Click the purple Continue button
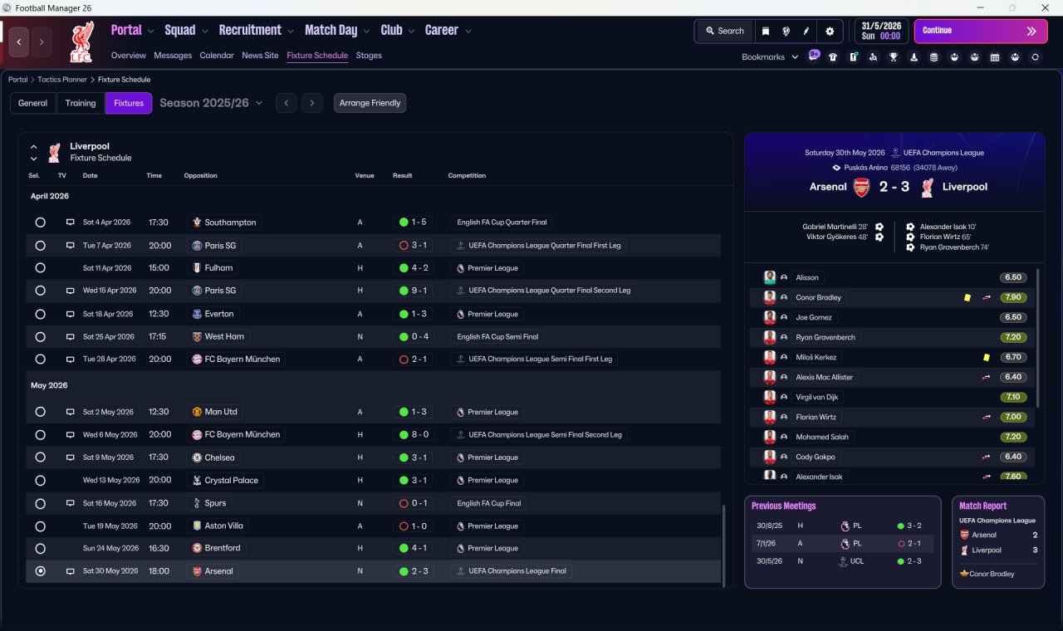pos(981,31)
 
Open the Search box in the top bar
pos(725,31)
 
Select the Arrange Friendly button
pos(370,103)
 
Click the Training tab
pos(81,103)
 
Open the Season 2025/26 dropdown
pos(211,103)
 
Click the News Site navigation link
pos(260,56)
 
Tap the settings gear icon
pos(830,32)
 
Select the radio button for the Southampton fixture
pos(41,222)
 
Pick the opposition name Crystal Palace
pos(231,480)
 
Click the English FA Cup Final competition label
pos(489,503)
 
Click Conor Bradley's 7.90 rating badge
pos(1013,297)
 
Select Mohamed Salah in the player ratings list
pos(822,437)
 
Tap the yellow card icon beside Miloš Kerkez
pos(986,357)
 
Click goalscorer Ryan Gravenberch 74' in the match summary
pos(954,247)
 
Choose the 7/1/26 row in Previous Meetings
pos(842,544)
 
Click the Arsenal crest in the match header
pos(862,188)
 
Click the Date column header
pos(90,175)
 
